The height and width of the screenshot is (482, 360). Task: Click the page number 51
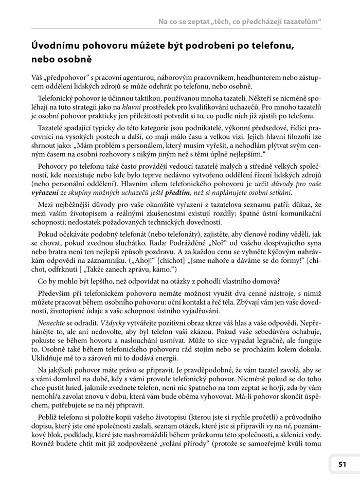[342, 464]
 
